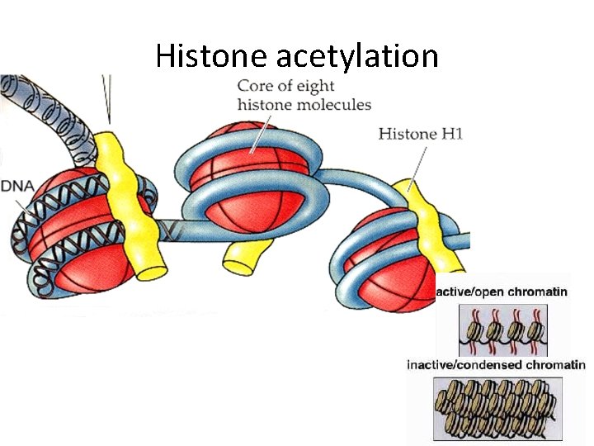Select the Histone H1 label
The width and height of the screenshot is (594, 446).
[421, 134]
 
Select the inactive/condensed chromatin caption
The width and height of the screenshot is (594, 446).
[496, 365]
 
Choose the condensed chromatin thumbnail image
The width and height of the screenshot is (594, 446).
[498, 407]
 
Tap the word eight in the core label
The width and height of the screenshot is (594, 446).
[301, 85]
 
